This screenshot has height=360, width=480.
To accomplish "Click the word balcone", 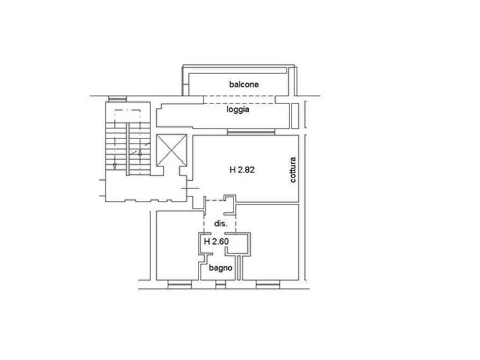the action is click(x=244, y=84).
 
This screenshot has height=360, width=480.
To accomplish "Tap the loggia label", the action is click(x=238, y=110).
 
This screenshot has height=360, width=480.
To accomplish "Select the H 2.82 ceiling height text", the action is click(x=242, y=170).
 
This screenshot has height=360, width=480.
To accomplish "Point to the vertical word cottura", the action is click(x=293, y=170).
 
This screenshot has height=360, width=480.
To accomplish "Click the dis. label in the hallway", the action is click(x=221, y=224).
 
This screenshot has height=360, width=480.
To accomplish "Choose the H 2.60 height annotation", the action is click(x=217, y=242).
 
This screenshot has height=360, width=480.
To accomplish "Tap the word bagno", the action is click(x=220, y=268).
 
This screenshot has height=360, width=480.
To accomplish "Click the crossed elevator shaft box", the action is click(x=171, y=150).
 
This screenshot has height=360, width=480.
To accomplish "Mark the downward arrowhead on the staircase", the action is click(x=115, y=166).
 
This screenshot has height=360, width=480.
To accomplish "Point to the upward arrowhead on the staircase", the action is click(x=140, y=152).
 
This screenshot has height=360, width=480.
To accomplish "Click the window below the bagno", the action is click(x=220, y=285).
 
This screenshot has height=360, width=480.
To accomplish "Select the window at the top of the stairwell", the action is click(x=118, y=99).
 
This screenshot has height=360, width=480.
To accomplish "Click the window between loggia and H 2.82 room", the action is click(x=251, y=132).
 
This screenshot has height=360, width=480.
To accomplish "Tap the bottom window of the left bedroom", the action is click(x=180, y=285).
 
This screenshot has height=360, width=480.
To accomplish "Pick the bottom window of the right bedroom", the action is click(x=268, y=285).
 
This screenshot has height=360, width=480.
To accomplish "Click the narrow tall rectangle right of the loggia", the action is click(x=295, y=116).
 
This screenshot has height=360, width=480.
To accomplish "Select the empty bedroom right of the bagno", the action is click(x=270, y=242).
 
